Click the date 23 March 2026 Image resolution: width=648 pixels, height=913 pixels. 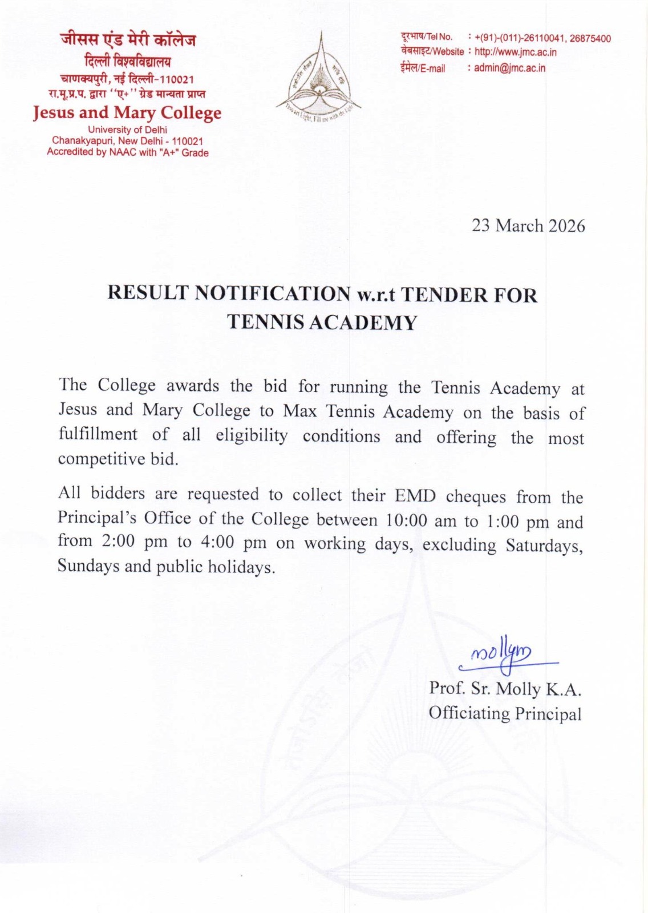click(528, 226)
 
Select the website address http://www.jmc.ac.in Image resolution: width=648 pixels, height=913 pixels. click(515, 52)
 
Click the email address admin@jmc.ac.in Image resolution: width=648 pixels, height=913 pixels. click(509, 68)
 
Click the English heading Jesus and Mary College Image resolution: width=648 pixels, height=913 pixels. click(127, 112)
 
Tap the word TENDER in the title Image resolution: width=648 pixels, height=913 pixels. click(444, 295)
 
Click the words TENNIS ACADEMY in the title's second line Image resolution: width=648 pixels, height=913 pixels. click(322, 322)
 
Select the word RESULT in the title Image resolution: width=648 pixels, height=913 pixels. click(148, 293)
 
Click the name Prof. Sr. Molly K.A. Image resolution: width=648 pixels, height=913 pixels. click(505, 689)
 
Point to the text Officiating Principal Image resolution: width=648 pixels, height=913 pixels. click(505, 713)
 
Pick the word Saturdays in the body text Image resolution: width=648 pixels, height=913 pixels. click(544, 546)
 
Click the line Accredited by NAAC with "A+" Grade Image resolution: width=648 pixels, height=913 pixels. click(127, 152)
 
